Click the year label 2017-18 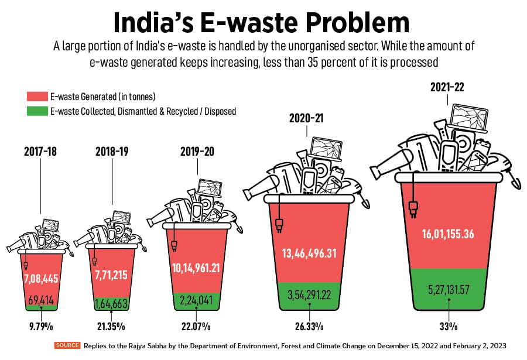click(40, 151)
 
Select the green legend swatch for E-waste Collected click(37, 110)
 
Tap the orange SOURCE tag click(67, 345)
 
